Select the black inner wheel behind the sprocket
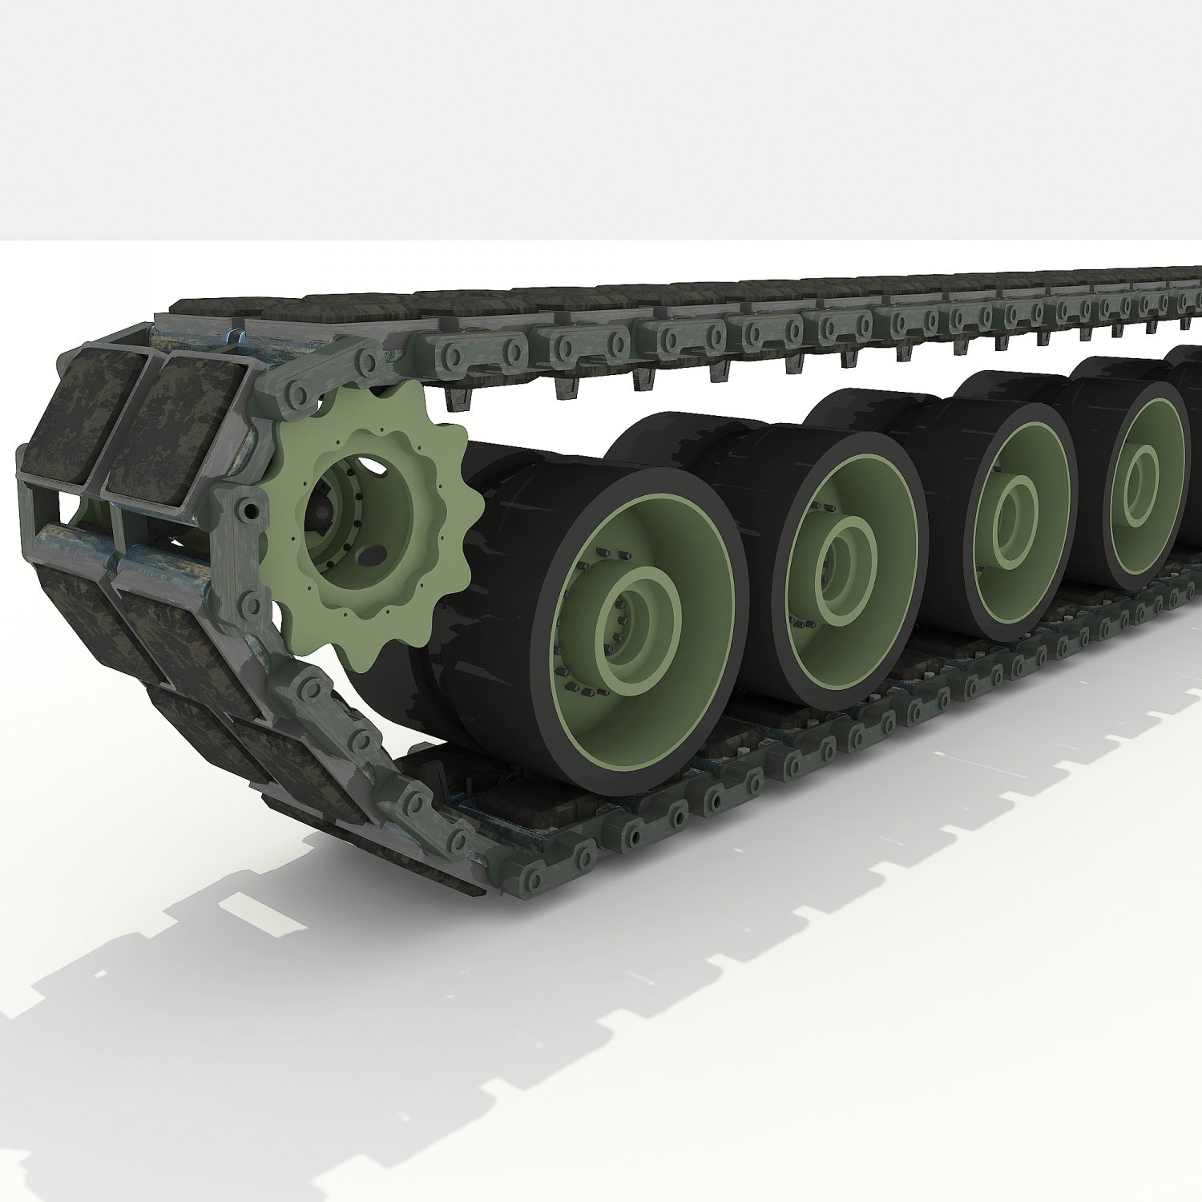[385, 689]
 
